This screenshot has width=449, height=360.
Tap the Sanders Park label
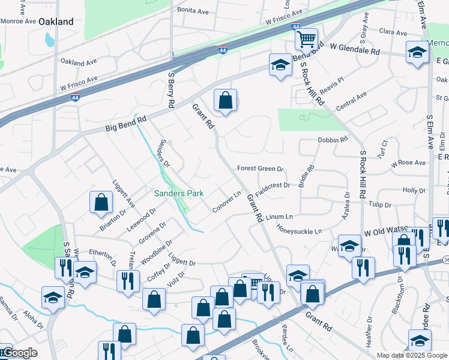click(179, 193)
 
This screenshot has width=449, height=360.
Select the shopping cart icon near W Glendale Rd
click(307, 40)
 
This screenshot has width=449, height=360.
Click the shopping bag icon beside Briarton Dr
click(101, 203)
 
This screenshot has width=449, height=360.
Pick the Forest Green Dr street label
click(259, 169)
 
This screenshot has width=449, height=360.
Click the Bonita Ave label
click(192, 10)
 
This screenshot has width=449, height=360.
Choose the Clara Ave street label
click(394, 32)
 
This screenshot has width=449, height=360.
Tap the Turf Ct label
click(384, 146)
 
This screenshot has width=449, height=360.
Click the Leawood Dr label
click(142, 220)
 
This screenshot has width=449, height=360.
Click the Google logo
click(19, 353)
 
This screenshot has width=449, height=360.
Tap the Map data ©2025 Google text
click(412, 355)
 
